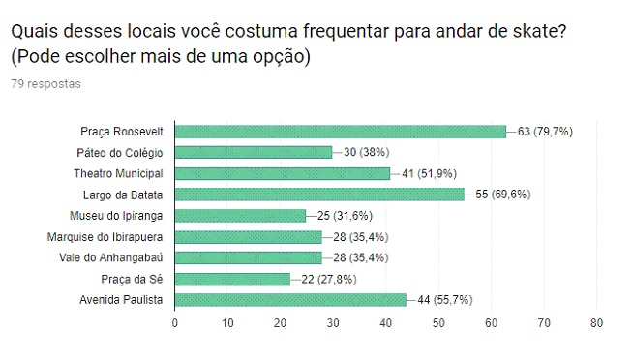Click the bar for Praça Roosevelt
pyautogui.click(x=340, y=131)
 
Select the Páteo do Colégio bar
pyautogui.click(x=253, y=152)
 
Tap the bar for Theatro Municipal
pyautogui.click(x=282, y=173)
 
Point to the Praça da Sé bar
pyautogui.click(x=232, y=279)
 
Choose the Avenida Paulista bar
pyautogui.click(x=290, y=300)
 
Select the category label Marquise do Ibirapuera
pyautogui.click(x=105, y=237)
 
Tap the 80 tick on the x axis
pyautogui.click(x=597, y=323)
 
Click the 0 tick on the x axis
pyautogui.click(x=175, y=323)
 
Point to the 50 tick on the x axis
pyautogui.click(x=438, y=323)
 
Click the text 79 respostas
pyautogui.click(x=45, y=84)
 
